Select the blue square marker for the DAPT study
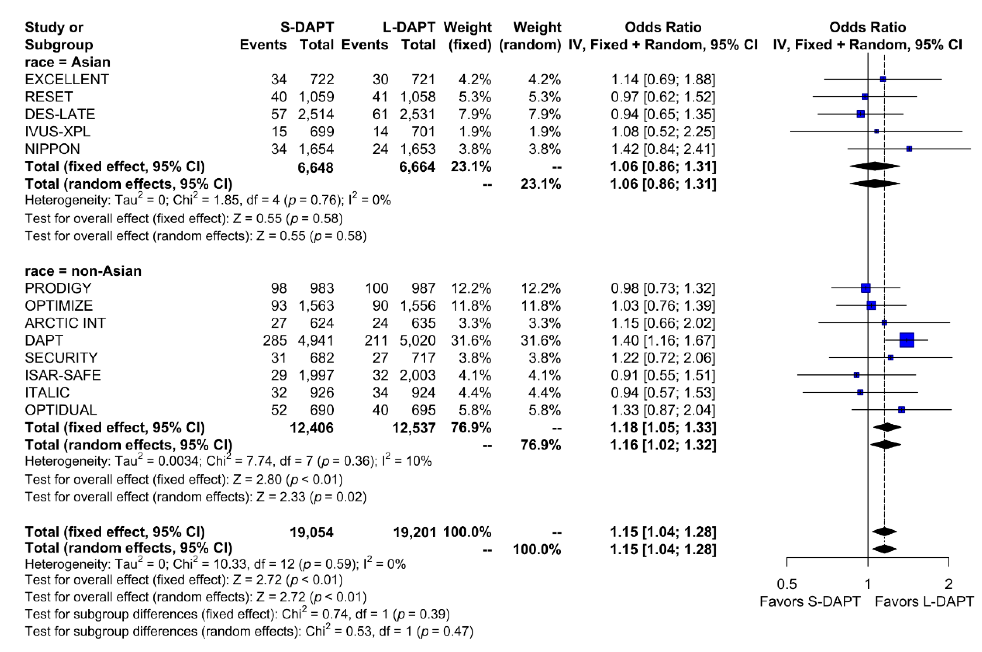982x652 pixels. (907, 340)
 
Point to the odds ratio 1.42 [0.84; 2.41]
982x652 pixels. (663, 149)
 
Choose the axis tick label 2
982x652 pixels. (948, 584)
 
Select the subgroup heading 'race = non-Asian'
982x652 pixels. (83, 271)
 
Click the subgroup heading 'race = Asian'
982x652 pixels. (67, 62)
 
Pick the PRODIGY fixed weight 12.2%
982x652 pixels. (471, 288)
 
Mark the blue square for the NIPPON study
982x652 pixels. (909, 148)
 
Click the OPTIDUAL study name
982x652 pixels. (61, 410)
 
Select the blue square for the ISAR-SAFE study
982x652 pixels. (857, 375)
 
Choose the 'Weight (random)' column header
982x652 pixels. (530, 36)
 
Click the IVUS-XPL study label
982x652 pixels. (57, 131)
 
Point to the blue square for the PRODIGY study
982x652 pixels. (866, 288)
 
